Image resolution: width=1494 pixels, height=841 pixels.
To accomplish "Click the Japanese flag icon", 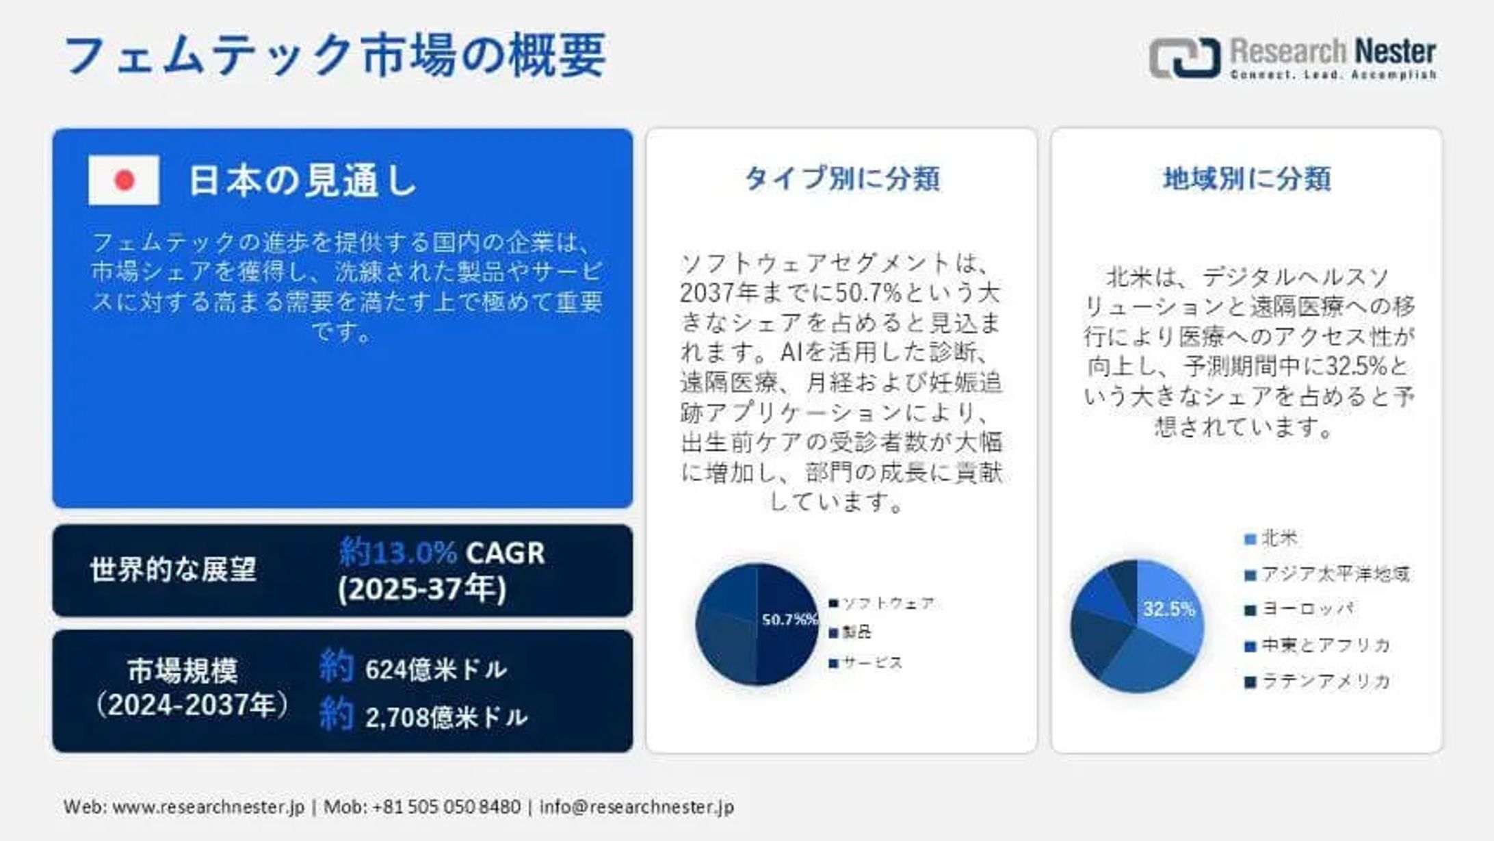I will (124, 180).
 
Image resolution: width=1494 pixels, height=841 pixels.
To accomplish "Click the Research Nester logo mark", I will (1185, 57).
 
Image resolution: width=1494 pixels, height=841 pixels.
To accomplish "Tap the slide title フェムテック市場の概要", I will (335, 55).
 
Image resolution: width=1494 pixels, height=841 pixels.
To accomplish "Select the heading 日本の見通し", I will (302, 181).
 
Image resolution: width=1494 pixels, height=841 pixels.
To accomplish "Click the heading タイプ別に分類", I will (841, 179).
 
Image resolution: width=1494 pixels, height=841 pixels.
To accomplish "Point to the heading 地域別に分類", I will (1246, 179).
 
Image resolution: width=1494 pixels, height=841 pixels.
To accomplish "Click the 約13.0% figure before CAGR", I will (398, 552).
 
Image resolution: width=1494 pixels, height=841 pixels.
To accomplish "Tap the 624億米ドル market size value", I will (436, 669).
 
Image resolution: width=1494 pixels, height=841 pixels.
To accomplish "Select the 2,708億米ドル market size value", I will (446, 717).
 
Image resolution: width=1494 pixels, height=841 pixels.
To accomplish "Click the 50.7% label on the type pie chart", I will (789, 619).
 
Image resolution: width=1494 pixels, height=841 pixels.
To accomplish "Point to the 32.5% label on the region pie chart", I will (1168, 609).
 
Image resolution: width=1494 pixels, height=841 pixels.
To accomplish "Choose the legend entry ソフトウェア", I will (887, 603).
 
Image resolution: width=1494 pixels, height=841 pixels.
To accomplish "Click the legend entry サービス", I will (872, 662).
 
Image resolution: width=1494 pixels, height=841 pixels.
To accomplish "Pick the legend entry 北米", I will (1279, 539).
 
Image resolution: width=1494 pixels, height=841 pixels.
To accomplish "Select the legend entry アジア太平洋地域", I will (1335, 574).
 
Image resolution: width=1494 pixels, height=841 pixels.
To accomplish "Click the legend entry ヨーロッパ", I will (1307, 609).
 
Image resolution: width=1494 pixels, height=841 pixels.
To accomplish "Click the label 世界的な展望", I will (173, 569).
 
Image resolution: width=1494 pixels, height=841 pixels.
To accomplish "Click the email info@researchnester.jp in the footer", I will (636, 807).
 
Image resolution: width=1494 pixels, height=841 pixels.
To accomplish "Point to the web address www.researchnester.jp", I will (208, 807).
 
